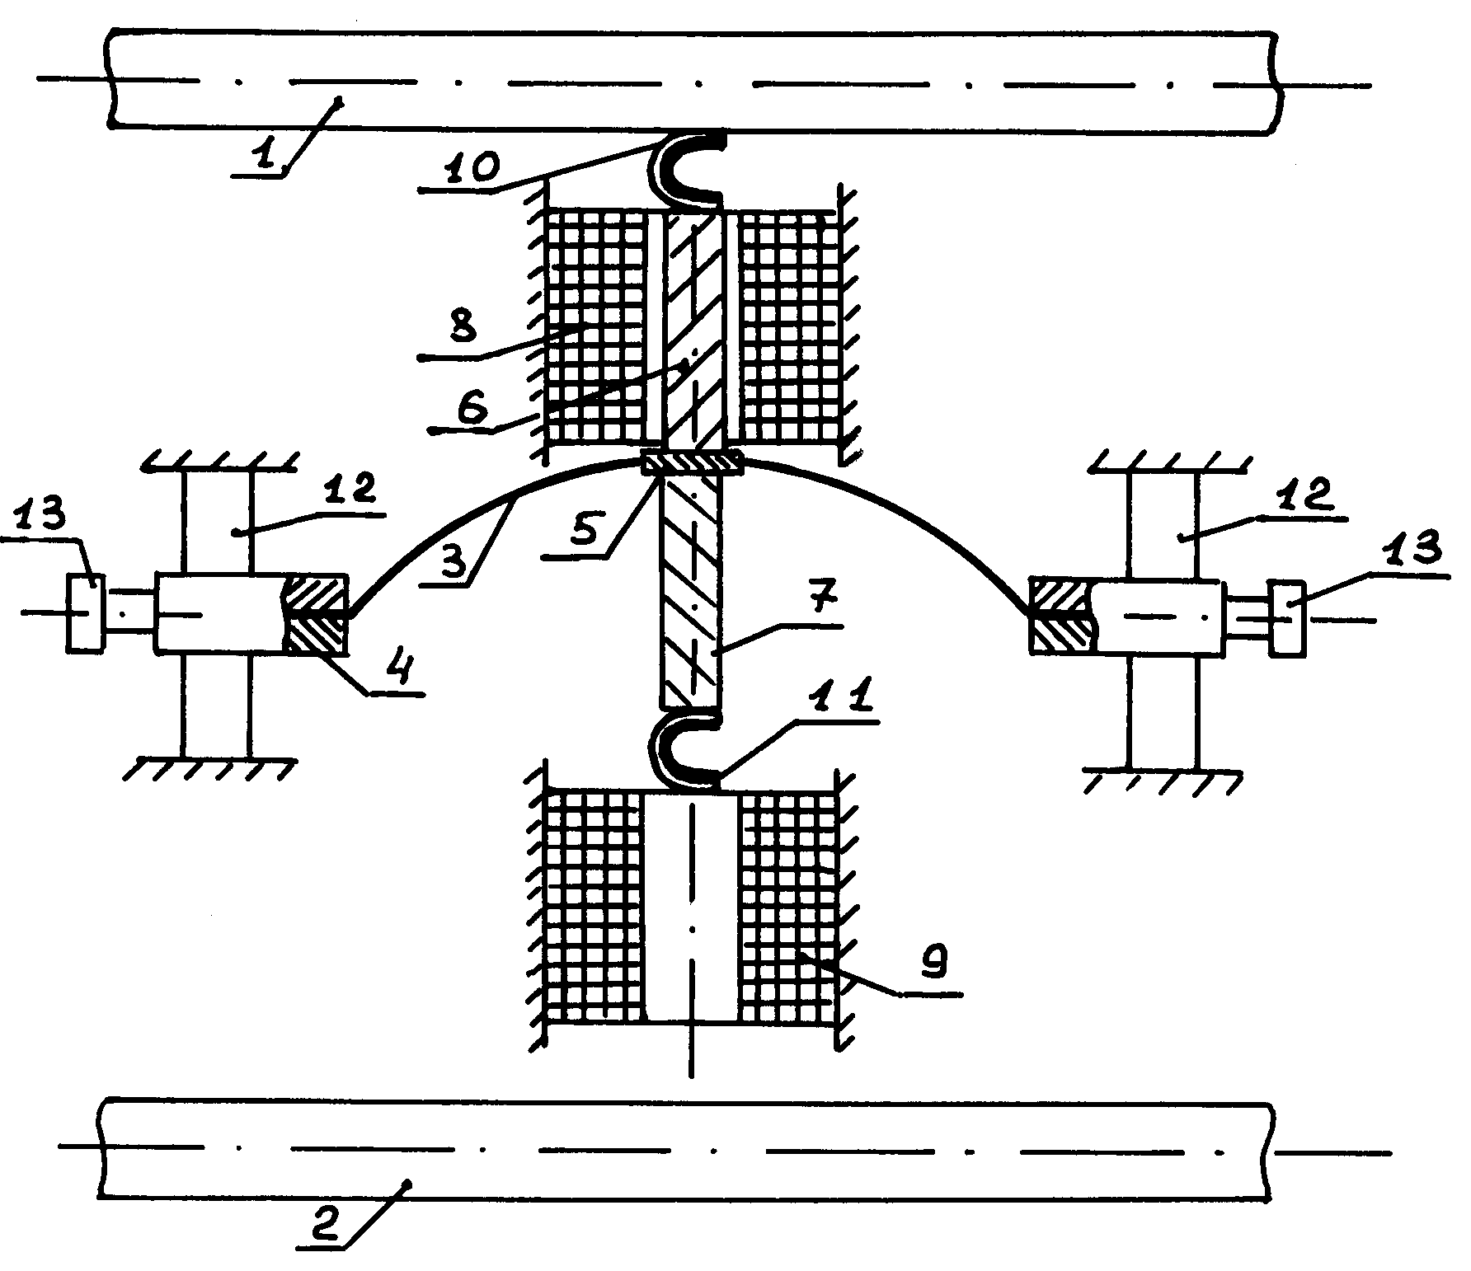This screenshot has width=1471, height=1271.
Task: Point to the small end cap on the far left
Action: [86, 613]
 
